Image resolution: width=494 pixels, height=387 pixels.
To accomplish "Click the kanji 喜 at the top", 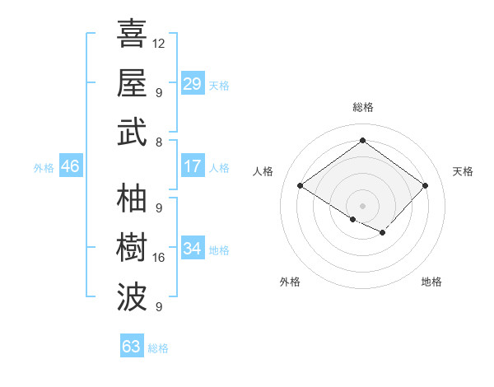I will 132,35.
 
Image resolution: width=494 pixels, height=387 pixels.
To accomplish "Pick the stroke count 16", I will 159,258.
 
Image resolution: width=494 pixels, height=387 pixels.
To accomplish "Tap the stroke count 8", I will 158,142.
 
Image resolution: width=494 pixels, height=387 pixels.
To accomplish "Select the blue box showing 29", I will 193,84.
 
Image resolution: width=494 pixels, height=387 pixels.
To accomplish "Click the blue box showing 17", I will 193,166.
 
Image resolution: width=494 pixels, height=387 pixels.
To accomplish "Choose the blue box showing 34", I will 193,249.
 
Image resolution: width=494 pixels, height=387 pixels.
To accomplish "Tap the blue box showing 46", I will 71,166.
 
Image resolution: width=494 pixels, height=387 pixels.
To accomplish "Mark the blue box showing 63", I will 132,346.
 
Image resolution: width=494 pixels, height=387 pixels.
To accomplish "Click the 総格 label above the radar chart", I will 362,107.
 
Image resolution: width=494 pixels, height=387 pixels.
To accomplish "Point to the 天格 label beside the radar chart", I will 463,171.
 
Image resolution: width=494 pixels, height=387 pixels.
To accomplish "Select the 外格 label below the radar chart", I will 290,282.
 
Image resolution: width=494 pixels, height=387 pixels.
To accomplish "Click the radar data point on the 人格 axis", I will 301,186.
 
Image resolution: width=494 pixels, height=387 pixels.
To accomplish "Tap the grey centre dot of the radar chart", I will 362,204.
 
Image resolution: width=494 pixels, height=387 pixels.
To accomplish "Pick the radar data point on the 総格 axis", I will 362,141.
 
